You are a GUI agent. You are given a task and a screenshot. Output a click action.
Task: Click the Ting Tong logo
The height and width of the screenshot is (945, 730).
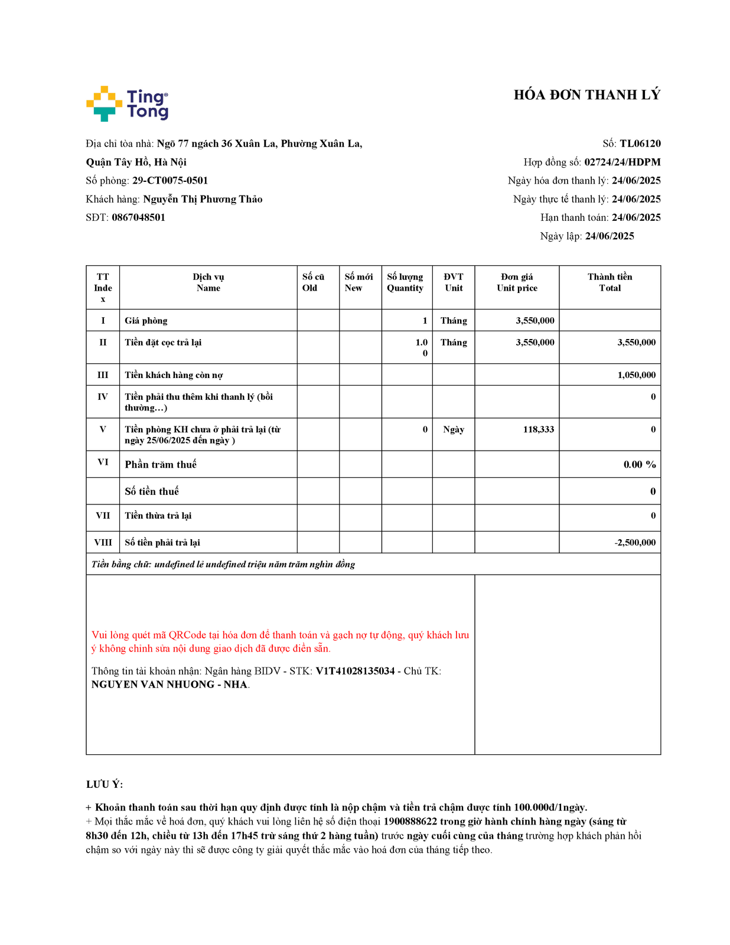[127, 104]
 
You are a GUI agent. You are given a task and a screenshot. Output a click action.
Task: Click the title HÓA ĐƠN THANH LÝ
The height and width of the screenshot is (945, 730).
[586, 95]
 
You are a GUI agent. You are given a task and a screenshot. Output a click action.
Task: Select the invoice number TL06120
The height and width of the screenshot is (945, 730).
[640, 144]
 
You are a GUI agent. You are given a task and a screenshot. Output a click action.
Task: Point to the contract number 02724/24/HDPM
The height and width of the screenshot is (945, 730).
[622, 162]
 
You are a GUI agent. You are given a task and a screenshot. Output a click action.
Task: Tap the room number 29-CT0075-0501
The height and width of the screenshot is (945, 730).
[170, 181]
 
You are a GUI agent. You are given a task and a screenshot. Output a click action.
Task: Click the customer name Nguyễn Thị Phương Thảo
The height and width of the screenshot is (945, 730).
[203, 199]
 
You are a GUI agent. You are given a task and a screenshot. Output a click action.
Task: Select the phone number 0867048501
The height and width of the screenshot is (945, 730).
[138, 217]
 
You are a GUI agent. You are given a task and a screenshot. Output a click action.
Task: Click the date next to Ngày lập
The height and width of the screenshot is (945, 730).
[610, 236]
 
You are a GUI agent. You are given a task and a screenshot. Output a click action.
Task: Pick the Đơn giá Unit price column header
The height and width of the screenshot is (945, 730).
[517, 282]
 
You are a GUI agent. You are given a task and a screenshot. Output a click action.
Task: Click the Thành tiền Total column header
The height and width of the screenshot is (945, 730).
[610, 282]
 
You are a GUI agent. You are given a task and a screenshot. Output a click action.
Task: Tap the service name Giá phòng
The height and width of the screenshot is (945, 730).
[146, 321]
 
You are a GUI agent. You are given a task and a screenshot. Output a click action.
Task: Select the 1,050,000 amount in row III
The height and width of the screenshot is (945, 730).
[636, 375]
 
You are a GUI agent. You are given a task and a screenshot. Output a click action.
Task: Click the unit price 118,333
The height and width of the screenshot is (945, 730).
[538, 429]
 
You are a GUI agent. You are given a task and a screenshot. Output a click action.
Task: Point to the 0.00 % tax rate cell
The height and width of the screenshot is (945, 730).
[639, 465]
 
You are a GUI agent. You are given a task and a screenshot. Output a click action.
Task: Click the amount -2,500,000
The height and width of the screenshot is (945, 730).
[634, 543]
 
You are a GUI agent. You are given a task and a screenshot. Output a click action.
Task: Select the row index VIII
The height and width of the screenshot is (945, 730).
[103, 543]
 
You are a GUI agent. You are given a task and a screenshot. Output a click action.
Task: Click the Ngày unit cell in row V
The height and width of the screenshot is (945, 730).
[454, 429]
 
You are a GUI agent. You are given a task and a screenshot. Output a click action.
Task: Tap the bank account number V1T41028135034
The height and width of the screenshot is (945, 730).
[355, 671]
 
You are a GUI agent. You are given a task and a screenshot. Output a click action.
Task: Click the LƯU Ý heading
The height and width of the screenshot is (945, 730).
[105, 784]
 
